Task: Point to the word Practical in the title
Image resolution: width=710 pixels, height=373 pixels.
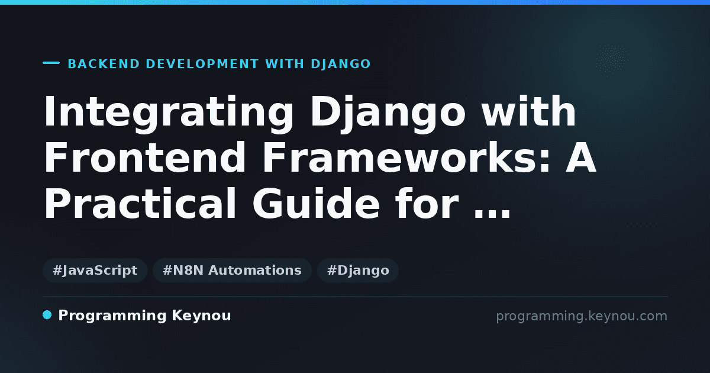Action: click(140, 203)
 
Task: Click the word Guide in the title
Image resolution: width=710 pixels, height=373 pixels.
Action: click(316, 203)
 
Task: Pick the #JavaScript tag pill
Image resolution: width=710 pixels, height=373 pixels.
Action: click(95, 270)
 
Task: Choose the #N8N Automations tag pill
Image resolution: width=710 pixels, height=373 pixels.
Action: click(232, 270)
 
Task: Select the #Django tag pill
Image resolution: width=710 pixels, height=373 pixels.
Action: click(358, 270)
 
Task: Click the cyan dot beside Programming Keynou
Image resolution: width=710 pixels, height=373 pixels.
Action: click(47, 315)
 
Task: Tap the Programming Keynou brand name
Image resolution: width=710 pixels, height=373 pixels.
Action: click(144, 316)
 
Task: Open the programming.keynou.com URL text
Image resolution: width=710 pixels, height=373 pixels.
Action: click(582, 317)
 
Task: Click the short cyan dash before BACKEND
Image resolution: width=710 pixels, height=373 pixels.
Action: click(51, 63)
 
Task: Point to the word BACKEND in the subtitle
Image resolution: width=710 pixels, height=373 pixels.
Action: click(104, 64)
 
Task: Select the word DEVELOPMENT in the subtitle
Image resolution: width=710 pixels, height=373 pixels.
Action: click(202, 64)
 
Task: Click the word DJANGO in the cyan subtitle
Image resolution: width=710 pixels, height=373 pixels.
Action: click(341, 64)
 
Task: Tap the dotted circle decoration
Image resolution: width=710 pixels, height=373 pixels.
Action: click(612, 60)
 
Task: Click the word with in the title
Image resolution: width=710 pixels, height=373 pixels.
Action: click(528, 111)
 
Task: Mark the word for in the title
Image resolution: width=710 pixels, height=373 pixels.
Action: click(427, 203)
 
